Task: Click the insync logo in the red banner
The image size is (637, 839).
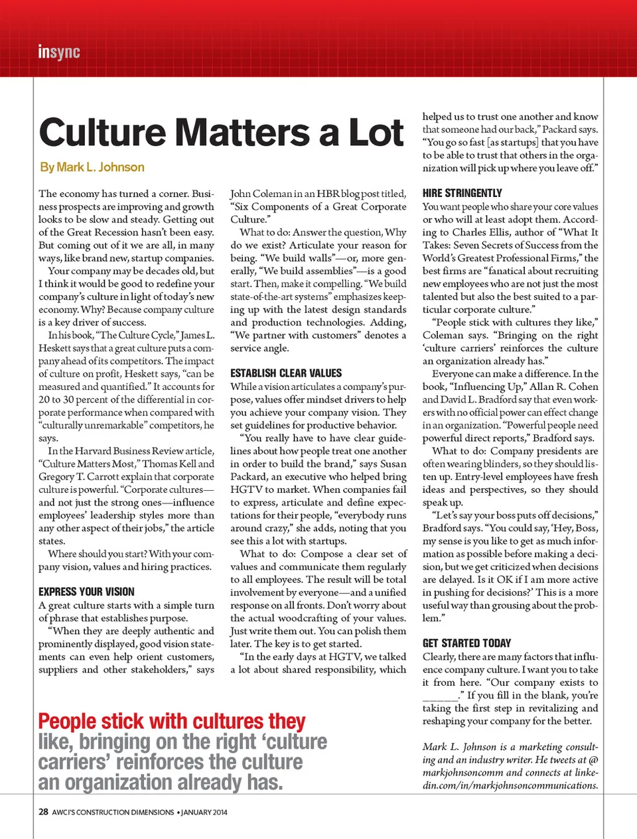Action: [x=59, y=52]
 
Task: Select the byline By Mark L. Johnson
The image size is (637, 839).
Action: [x=92, y=167]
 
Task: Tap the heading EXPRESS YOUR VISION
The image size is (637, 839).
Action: [x=86, y=592]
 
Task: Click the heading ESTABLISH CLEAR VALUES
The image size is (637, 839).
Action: [x=286, y=373]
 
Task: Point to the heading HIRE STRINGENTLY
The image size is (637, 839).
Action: [x=462, y=193]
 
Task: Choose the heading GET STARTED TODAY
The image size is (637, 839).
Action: [x=466, y=643]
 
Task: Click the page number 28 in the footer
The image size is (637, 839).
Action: [x=43, y=812]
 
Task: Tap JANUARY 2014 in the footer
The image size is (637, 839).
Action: [x=204, y=812]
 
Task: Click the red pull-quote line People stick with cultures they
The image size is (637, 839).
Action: [x=172, y=721]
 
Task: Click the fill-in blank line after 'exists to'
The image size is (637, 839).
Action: [x=439, y=696]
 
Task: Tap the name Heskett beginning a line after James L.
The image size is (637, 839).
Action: [x=54, y=348]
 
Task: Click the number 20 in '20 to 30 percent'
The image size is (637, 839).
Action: [x=44, y=400]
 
